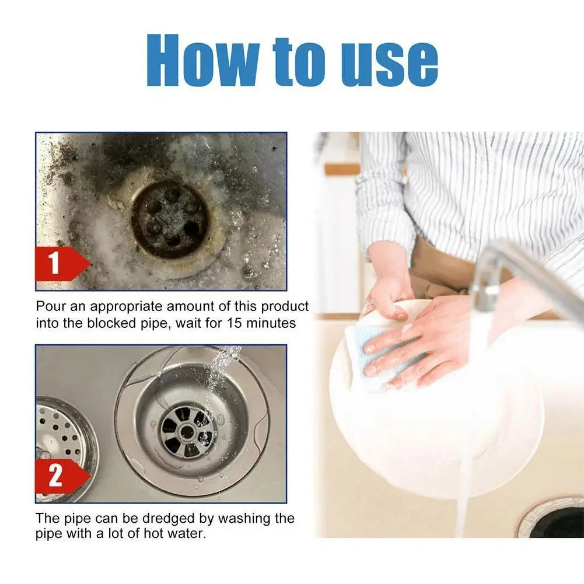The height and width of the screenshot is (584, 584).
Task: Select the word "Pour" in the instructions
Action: tap(48, 307)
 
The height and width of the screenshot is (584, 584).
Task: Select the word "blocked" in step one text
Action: tap(106, 323)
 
